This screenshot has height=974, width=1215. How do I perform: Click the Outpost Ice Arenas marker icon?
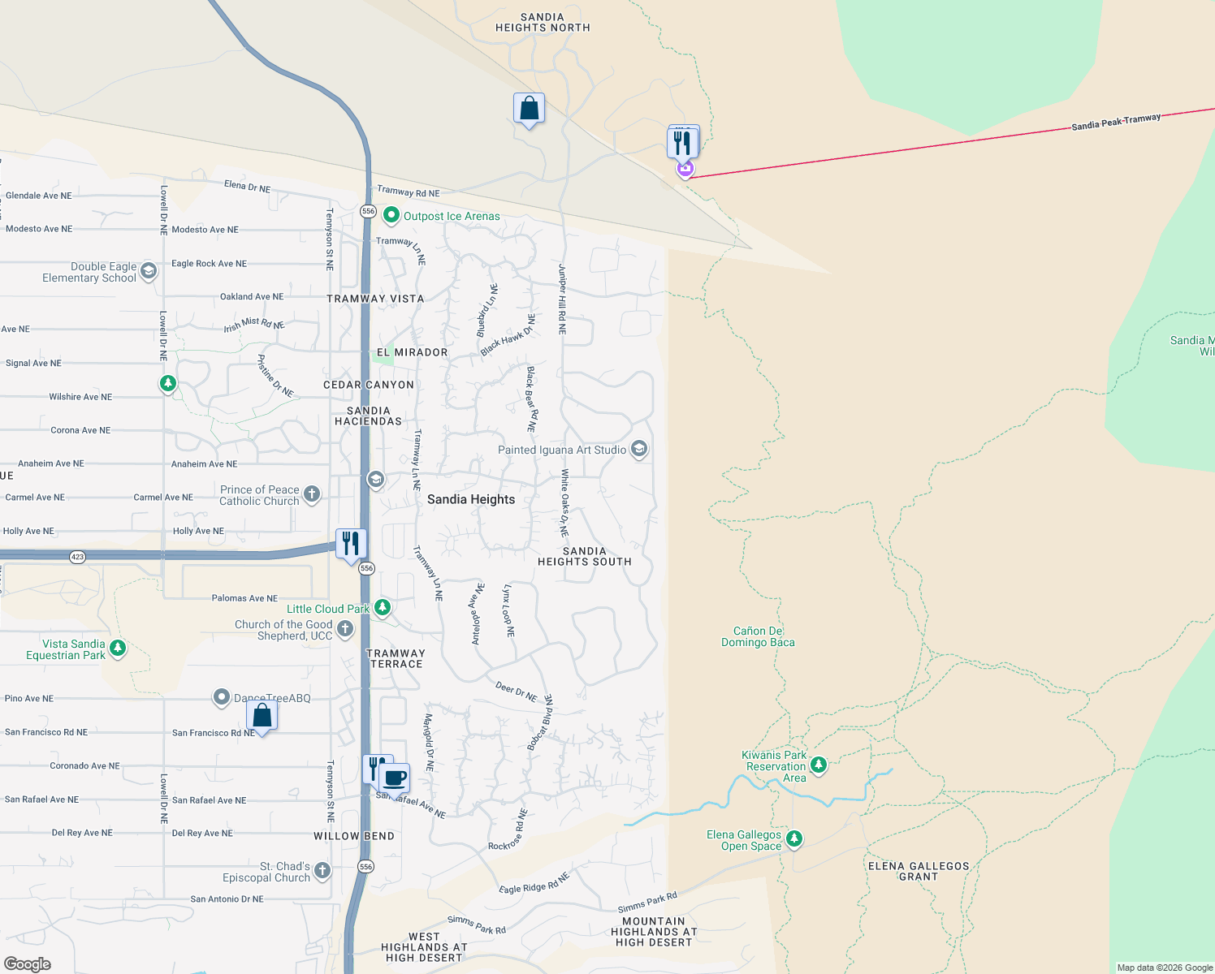click(x=391, y=215)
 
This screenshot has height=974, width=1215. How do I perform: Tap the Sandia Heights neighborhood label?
click(x=471, y=499)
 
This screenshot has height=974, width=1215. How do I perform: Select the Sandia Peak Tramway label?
click(x=1116, y=123)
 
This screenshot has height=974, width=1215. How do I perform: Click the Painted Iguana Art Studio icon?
click(x=639, y=449)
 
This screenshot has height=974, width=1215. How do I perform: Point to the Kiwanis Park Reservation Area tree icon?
click(x=819, y=765)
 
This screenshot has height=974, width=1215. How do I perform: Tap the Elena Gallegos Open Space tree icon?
click(x=794, y=838)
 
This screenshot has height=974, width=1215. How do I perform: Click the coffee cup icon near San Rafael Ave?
click(x=395, y=778)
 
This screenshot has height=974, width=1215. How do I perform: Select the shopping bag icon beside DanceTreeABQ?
click(x=262, y=715)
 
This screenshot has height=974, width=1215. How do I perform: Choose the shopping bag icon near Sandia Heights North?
click(x=529, y=108)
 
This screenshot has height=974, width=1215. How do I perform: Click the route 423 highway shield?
click(x=77, y=557)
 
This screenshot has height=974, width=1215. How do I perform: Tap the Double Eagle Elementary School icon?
click(x=148, y=271)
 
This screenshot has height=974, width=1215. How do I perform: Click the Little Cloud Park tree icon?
click(x=382, y=607)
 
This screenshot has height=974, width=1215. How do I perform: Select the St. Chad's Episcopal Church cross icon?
click(x=322, y=871)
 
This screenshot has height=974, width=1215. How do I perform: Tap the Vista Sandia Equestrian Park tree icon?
click(x=118, y=648)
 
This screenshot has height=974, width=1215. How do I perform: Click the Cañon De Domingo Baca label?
click(x=758, y=636)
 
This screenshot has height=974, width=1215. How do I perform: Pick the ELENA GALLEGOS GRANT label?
click(x=919, y=871)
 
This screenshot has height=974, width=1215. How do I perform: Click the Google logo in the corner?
click(x=28, y=963)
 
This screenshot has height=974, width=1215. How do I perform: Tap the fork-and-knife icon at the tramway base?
click(x=682, y=143)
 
